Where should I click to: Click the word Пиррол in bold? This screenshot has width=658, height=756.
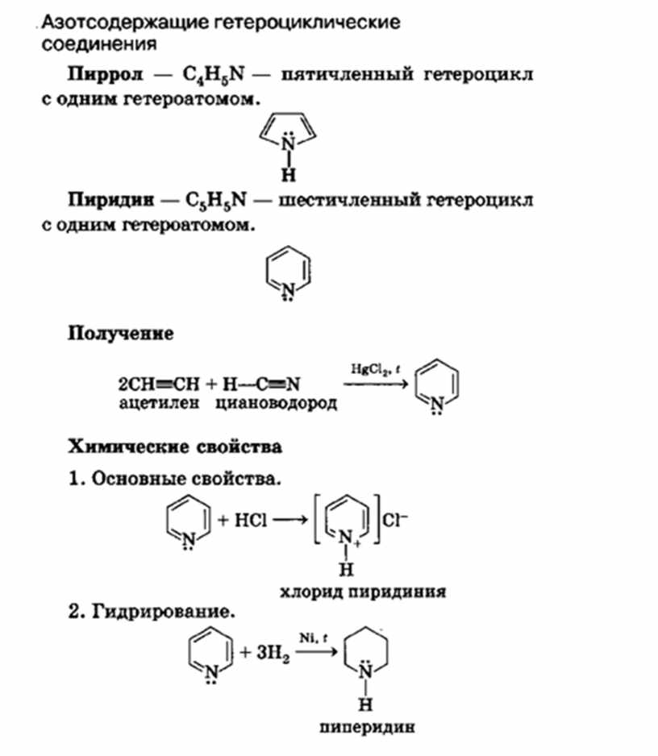click(106, 75)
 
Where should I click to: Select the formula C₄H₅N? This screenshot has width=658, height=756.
click(213, 75)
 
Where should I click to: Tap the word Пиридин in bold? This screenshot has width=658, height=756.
click(111, 200)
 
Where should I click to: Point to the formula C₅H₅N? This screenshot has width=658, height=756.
click(215, 200)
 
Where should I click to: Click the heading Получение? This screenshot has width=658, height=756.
click(121, 333)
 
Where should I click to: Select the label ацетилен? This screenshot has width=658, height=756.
click(159, 403)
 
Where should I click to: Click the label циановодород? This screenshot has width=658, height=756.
click(276, 403)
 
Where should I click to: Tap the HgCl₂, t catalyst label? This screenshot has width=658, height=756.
click(375, 369)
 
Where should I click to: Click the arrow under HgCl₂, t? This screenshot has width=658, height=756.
click(376, 384)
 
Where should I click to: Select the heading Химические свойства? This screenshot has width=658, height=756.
click(175, 447)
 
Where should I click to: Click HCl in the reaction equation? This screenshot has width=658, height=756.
click(250, 520)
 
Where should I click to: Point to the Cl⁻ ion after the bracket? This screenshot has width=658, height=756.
click(394, 520)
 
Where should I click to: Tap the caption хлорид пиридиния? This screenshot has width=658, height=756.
click(363, 592)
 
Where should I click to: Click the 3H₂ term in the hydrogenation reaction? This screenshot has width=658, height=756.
click(273, 654)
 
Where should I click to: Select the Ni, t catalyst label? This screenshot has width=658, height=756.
click(313, 638)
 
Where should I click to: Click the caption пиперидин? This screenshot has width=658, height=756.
click(367, 727)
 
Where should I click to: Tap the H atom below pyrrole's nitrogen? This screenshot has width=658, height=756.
click(288, 174)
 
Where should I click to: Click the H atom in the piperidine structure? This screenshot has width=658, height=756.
click(365, 705)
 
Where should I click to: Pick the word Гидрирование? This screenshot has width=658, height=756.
click(164, 613)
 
